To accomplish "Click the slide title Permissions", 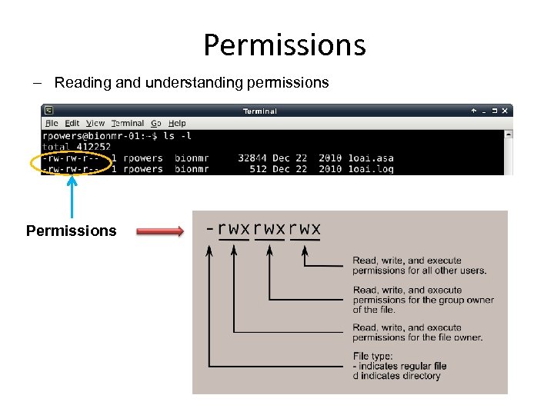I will click(284, 45).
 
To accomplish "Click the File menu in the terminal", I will click(52, 123).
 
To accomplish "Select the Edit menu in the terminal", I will click(72, 123).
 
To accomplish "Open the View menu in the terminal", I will click(95, 123).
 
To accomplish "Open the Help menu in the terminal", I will click(177, 123).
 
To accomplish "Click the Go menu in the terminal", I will click(156, 123).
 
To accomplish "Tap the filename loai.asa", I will click(371, 158).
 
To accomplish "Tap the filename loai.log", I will click(371, 169).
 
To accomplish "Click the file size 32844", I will click(253, 158).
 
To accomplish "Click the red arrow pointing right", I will click(160, 230).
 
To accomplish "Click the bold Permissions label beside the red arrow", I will click(71, 231).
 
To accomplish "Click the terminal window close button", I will click(504, 111).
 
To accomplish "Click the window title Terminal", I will click(260, 111).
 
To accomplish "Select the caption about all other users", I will click(419, 266).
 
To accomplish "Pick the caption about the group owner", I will click(423, 300).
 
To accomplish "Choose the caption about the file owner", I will click(418, 332).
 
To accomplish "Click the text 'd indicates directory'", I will click(397, 376).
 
